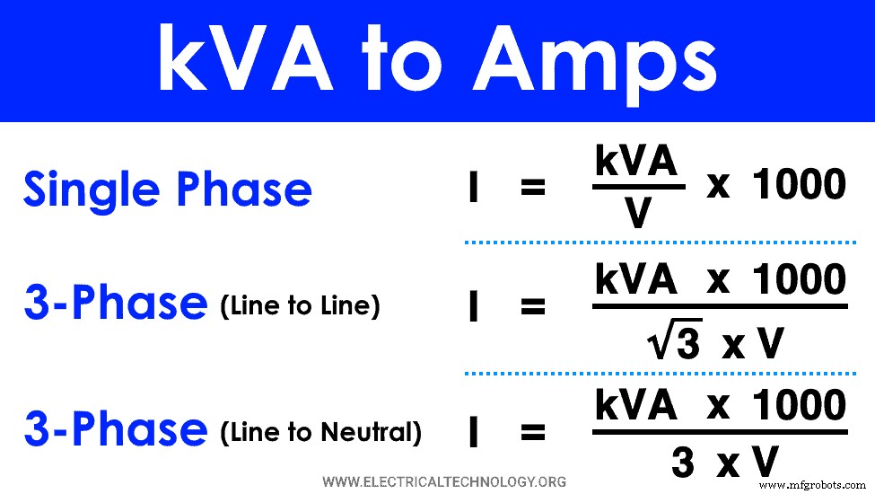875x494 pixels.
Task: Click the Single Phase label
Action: (x=167, y=190)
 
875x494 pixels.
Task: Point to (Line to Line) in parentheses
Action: (x=300, y=306)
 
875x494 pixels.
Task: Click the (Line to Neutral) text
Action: (x=320, y=433)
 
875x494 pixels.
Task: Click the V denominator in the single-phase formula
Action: (x=638, y=214)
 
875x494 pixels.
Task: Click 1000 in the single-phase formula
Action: (x=799, y=185)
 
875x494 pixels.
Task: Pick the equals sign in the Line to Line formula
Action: (x=532, y=307)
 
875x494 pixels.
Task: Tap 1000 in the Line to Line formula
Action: (x=799, y=280)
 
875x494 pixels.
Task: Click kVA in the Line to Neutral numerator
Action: (x=635, y=406)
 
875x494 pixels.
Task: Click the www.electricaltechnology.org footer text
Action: (x=444, y=482)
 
